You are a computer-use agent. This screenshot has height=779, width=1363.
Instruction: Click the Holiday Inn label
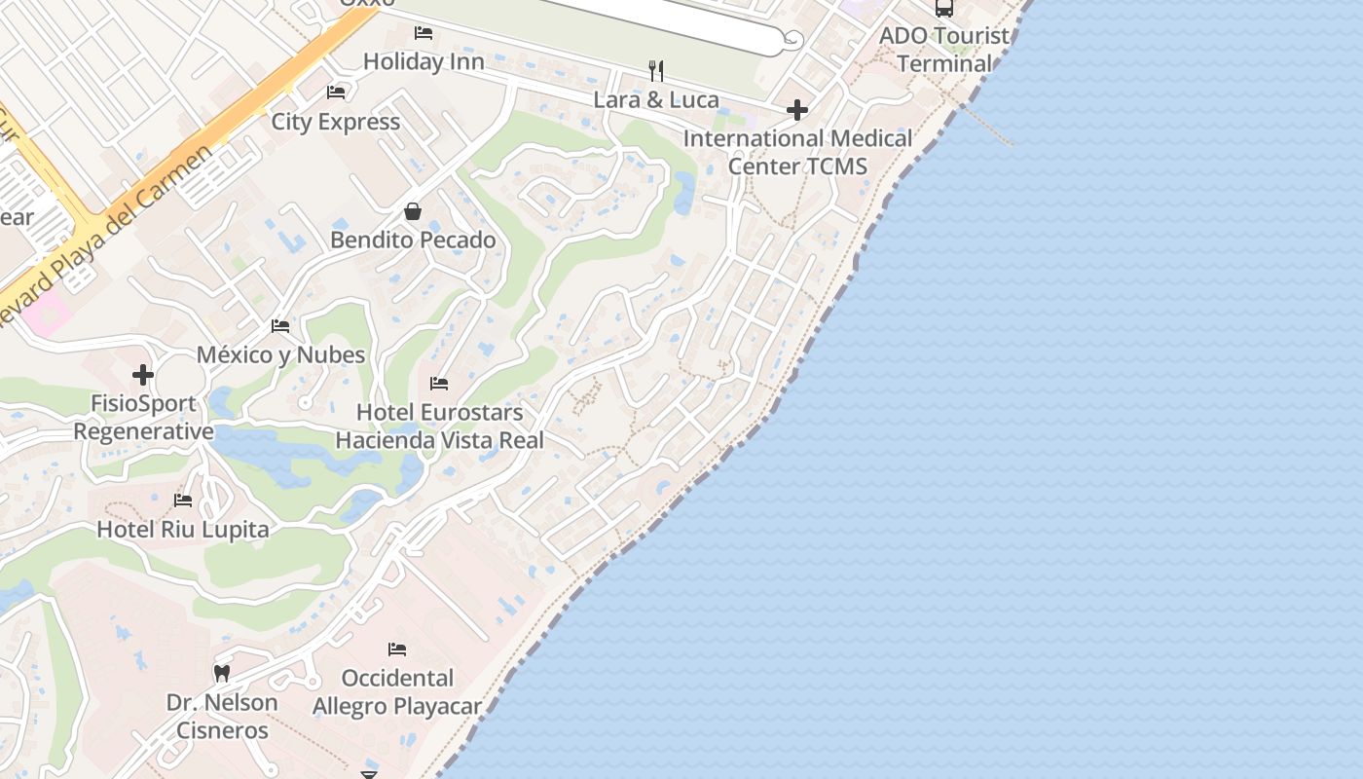424,61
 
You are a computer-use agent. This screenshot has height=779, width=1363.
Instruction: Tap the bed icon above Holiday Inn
424,33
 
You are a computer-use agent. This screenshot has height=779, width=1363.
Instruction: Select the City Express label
335,122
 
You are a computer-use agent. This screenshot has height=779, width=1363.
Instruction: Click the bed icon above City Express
336,93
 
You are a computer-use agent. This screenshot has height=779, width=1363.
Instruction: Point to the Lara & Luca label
656,99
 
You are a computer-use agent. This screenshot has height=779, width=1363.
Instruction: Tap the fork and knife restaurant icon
656,70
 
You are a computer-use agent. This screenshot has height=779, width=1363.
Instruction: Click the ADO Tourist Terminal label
944,50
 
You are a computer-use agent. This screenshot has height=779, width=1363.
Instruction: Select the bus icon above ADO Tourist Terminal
943,9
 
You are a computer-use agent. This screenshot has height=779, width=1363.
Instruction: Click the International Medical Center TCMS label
797,152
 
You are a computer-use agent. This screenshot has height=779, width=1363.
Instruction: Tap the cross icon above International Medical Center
797,110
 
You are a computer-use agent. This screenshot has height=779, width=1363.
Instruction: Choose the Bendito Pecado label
413,240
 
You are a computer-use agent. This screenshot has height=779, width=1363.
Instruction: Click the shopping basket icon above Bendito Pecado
413,211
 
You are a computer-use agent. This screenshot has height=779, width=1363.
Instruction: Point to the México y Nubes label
280,354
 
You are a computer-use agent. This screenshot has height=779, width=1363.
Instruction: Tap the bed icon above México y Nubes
280,326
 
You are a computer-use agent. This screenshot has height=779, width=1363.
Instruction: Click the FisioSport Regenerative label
143,417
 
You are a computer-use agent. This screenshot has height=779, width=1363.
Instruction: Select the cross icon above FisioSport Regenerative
143,375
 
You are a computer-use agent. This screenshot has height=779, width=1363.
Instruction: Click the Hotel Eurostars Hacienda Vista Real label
439,427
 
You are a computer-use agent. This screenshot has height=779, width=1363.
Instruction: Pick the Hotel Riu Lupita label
182,530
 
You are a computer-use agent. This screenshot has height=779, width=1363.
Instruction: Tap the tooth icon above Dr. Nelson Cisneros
222,673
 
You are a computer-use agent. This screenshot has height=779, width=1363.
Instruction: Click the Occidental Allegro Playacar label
397,691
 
